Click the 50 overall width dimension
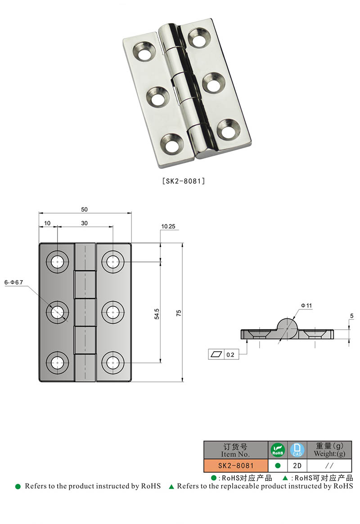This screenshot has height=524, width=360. click(85, 209)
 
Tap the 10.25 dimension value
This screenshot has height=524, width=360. click(168, 227)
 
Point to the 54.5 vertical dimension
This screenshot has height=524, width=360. click(156, 314)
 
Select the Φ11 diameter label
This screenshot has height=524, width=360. click(306, 305)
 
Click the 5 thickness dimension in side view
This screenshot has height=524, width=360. click(351, 316)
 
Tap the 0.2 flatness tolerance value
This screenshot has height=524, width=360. click(230, 355)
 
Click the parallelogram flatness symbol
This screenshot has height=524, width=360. click(216, 354)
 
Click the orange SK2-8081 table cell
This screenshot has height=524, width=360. click(235, 466)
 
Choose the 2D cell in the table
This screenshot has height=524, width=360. click(297, 466)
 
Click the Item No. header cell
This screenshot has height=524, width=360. click(235, 450)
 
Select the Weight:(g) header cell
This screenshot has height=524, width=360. click(329, 450)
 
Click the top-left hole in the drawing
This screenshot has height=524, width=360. click(58, 261)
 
